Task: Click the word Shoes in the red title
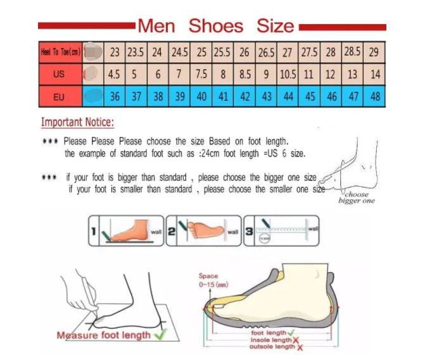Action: pos(216,26)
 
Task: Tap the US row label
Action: pos(59,74)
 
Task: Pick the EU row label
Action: pos(59,97)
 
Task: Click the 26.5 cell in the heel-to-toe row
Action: pos(266,52)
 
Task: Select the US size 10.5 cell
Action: pos(288,74)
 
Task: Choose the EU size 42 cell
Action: pos(244,97)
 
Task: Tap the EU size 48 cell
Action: pos(375,97)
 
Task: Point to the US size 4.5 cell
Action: pos(114,74)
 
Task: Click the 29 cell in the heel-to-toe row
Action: pos(375,52)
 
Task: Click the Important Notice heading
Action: pos(77,122)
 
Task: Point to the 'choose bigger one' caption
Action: pos(357,197)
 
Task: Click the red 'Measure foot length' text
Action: pos(104,335)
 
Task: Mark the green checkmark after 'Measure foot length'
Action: pos(159,333)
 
